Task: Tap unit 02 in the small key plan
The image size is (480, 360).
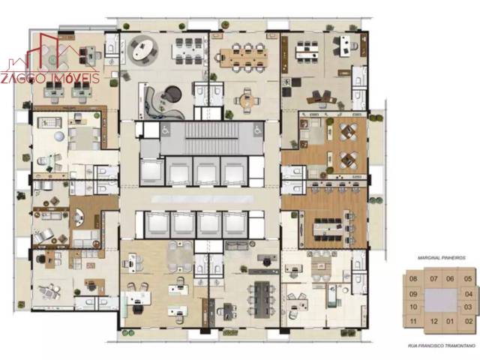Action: click(x=468, y=321)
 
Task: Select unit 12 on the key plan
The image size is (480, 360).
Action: click(x=432, y=321)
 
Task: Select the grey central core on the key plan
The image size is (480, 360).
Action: click(x=441, y=300)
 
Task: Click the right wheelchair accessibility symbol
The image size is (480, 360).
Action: click(x=256, y=130)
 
